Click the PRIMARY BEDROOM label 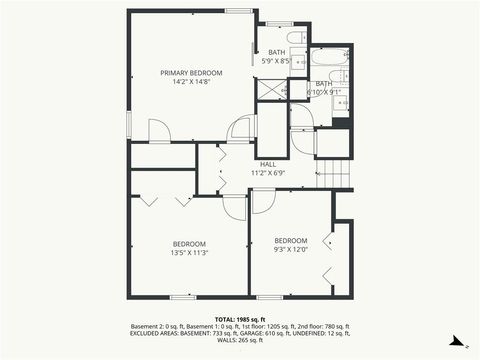191,73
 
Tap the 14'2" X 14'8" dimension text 191,82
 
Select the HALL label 268,164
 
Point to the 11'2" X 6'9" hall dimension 268,173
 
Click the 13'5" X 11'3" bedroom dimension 189,253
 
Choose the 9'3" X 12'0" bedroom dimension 291,249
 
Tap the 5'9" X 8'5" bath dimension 275,62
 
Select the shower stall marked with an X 270,89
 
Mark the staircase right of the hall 337,174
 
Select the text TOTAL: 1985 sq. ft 240,318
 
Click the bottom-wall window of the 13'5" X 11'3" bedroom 182,297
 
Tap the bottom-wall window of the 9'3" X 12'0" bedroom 268,297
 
